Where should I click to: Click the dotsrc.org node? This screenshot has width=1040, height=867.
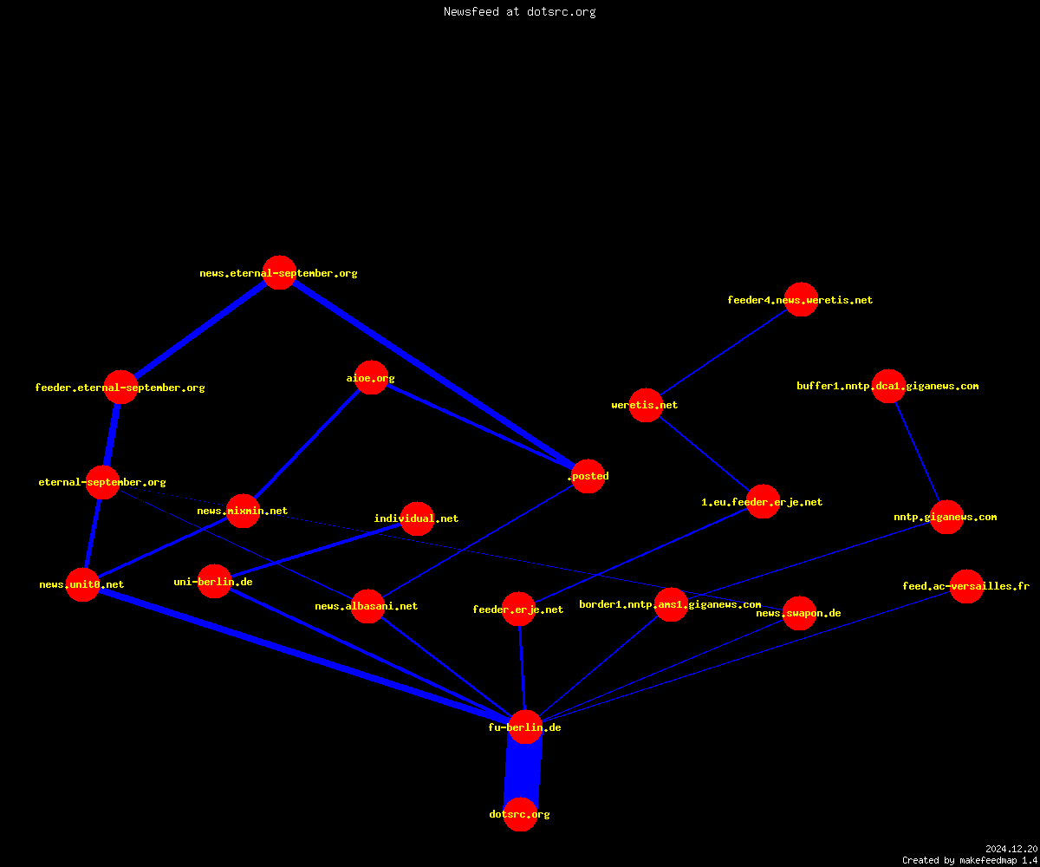(x=520, y=814)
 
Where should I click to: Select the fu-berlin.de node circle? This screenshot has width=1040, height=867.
(x=525, y=727)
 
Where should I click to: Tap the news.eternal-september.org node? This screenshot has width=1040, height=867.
(x=279, y=272)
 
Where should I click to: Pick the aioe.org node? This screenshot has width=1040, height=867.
(x=371, y=378)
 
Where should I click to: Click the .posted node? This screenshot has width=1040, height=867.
(x=588, y=476)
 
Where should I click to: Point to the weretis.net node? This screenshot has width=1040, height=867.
(x=646, y=405)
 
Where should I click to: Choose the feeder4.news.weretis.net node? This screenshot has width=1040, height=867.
(x=801, y=299)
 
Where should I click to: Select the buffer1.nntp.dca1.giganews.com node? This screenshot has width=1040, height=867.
(x=888, y=386)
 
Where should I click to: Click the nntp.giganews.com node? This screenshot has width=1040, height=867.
(x=946, y=517)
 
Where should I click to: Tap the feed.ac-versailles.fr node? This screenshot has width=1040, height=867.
(x=966, y=586)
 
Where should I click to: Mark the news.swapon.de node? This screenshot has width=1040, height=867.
(x=799, y=613)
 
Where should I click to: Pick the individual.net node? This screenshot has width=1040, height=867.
(x=417, y=518)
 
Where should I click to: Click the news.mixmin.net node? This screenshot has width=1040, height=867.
(x=243, y=511)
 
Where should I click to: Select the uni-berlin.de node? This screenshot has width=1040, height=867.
(x=214, y=582)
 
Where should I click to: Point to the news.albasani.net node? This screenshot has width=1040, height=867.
(x=367, y=606)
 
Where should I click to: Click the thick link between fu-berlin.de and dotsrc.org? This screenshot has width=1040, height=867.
(x=523, y=771)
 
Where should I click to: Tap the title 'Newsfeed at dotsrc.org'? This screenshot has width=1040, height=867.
(x=519, y=11)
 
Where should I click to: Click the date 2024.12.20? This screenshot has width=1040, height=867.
(x=1011, y=849)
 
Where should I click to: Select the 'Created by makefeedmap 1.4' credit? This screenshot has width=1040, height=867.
(x=970, y=860)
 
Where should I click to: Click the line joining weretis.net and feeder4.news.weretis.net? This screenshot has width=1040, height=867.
(x=723, y=352)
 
